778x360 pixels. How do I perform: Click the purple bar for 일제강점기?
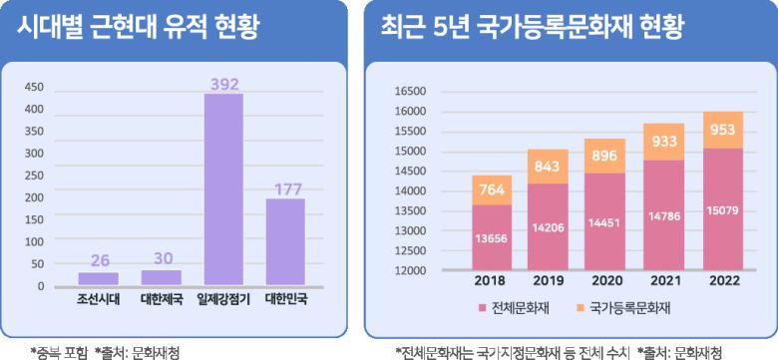coord(224,189)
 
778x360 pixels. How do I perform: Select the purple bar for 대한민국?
coord(284,241)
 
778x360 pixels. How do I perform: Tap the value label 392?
coord(224,85)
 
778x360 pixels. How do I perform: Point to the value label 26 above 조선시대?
coord(99,261)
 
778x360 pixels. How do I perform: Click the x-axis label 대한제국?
coord(161,298)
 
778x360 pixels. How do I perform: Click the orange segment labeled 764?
coord(492,190)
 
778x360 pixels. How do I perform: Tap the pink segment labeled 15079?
coord(723,209)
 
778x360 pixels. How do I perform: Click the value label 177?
coord(284,188)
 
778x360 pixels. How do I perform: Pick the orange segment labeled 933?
coord(665,142)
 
